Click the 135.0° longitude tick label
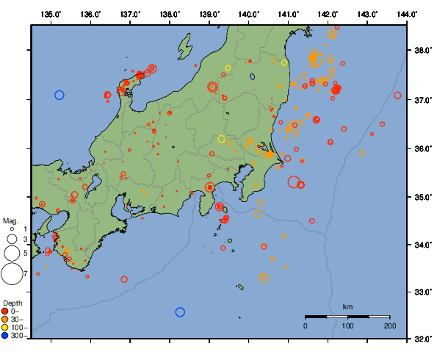tap(51, 14)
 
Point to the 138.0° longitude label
tap(170, 14)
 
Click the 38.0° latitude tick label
tap(423, 51)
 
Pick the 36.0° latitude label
tap(423, 148)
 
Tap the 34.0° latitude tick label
tap(423, 245)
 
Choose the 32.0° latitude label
tap(423, 339)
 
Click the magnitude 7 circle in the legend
tap(11, 274)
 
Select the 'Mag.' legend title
tap(10, 220)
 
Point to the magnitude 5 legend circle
tap(11, 253)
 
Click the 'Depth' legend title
tap(12, 303)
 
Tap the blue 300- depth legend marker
tap(6, 336)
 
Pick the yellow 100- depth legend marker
tap(6, 328)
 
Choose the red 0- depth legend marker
tap(6, 311)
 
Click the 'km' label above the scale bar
tap(347, 306)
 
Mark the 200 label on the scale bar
tap(389, 325)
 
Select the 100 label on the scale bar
tap(347, 325)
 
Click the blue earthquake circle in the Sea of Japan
tap(59, 95)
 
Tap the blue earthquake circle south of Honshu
tap(181, 312)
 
